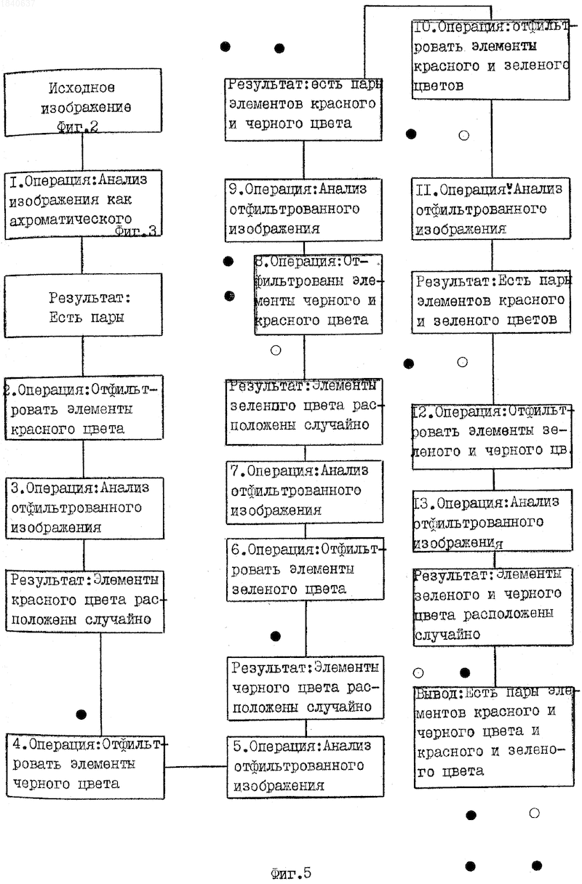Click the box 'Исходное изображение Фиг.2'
coord(83,103)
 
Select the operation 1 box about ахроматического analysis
coord(84,204)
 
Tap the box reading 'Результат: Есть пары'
coord(84,305)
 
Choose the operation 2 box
coord(84,408)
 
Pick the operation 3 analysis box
coord(84,508)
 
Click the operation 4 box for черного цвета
coord(85,766)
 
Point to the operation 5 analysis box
coord(306,766)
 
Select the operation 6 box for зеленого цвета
coord(306,569)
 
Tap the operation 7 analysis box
coord(304,491)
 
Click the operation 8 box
coord(318,294)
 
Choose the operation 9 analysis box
coord(303,209)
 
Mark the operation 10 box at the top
coord(491,60)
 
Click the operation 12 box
coord(492,436)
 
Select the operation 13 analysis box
coord(493,521)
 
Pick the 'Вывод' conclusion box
coord(494,737)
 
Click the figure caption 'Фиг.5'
coord(291,873)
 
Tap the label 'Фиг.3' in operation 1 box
coord(135,230)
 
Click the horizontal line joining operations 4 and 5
coord(196,767)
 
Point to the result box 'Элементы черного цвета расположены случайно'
coord(306,688)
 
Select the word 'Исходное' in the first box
coord(81,88)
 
